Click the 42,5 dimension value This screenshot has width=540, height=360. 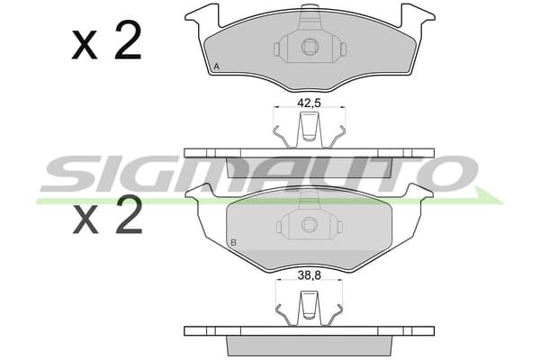pos(309,103)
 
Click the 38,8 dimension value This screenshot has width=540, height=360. pos(309,275)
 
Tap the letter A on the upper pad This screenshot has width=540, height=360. pos(216,67)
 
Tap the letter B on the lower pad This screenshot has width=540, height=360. pos(233,243)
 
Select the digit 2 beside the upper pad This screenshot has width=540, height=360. pos(128,40)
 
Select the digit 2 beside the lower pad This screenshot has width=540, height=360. pos(129,214)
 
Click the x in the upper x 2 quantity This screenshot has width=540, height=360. pos(85,46)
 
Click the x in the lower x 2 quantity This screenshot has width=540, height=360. pos(85,220)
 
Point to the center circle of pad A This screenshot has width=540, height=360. pos(310,47)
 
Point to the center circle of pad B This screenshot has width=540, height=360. pos(310,225)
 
